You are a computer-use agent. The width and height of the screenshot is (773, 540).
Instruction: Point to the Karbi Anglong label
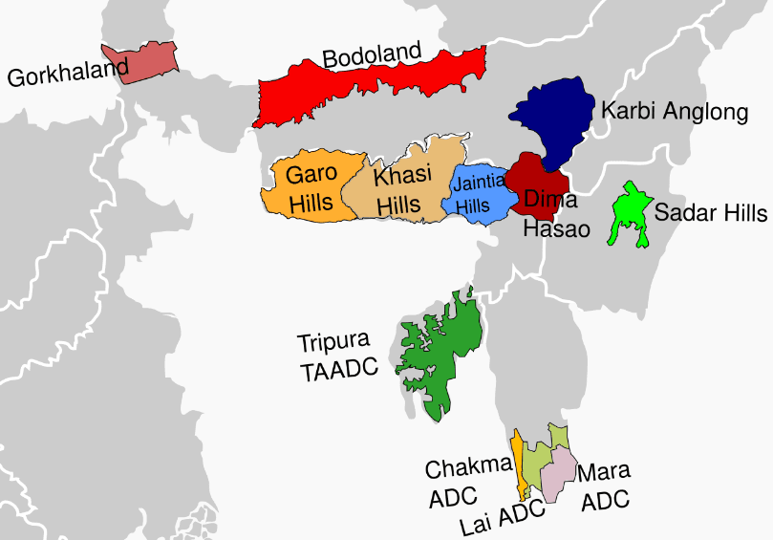[x=674, y=112]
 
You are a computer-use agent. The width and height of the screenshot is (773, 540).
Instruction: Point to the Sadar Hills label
[x=711, y=212]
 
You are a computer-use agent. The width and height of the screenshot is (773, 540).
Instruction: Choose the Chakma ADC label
[x=468, y=483]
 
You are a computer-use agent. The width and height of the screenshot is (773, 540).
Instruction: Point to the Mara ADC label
[x=605, y=486]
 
